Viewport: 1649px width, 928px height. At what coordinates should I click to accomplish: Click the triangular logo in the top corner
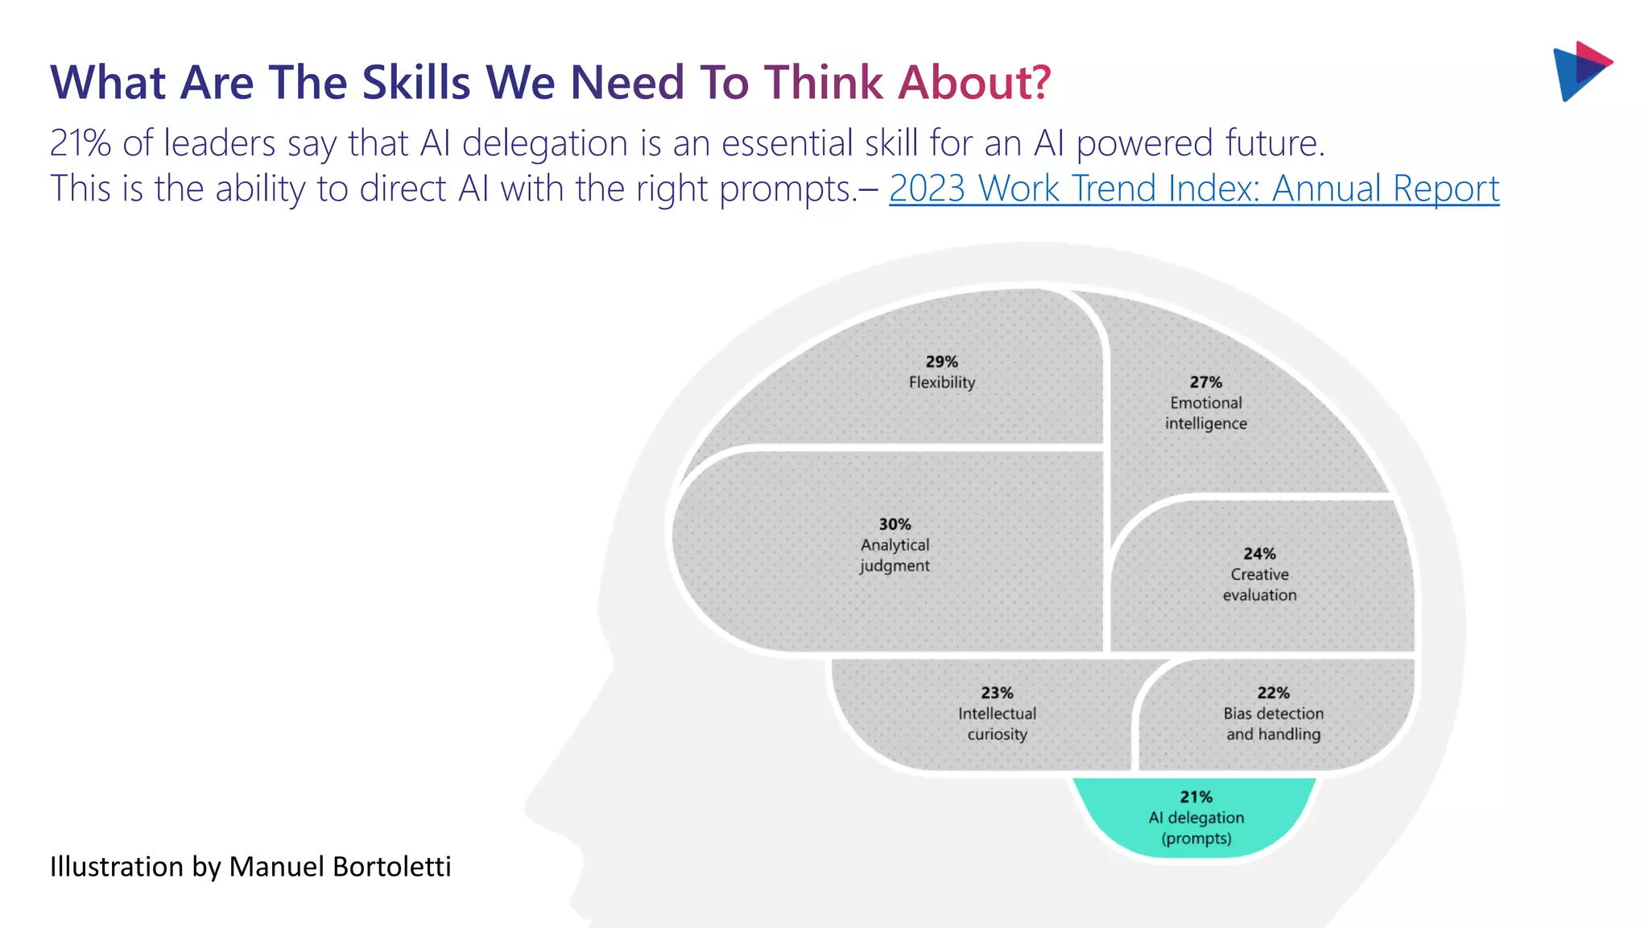[1581, 71]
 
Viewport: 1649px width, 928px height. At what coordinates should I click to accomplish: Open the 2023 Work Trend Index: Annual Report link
[1193, 188]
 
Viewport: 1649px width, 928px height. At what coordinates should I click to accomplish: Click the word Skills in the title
[415, 82]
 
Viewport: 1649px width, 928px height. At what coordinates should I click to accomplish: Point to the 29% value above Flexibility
[941, 362]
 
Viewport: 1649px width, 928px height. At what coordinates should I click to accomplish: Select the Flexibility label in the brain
[941, 383]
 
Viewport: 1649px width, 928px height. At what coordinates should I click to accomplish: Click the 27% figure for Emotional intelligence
[1205, 382]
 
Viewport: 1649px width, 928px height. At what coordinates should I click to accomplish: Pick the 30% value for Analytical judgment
[895, 524]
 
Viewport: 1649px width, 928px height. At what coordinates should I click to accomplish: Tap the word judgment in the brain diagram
[895, 566]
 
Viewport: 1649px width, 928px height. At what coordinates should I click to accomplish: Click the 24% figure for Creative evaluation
[1259, 554]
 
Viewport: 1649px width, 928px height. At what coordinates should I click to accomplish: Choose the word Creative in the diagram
[1259, 574]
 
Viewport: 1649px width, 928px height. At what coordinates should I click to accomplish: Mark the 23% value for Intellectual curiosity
[997, 693]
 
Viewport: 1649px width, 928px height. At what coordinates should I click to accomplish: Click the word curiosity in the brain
[997, 735]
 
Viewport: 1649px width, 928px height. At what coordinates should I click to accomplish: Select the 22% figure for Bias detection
[1273, 693]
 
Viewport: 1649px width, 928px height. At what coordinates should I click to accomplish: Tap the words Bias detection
[1273, 714]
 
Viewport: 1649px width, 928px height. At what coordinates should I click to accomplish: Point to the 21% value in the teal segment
[1196, 797]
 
